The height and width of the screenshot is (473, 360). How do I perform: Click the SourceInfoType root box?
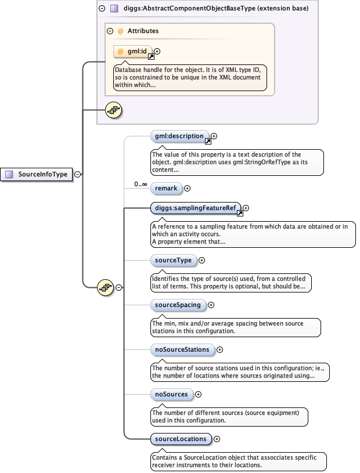click(38, 174)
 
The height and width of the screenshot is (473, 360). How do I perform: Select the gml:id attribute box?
click(132, 52)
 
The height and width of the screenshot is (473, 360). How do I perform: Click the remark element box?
click(166, 188)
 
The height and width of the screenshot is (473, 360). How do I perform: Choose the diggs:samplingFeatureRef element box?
click(194, 208)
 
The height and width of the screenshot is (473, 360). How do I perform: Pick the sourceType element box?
click(172, 260)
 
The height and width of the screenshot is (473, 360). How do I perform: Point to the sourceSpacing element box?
click(178, 305)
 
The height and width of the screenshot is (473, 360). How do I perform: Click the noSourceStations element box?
click(182, 349)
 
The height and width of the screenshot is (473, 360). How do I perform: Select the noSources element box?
click(171, 394)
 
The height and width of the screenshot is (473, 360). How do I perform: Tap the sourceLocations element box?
click(180, 439)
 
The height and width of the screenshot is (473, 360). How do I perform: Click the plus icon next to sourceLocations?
click(217, 439)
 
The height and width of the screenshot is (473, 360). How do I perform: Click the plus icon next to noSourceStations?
click(219, 350)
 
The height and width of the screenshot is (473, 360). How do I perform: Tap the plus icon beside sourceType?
click(201, 261)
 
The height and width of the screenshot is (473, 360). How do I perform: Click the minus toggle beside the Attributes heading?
click(110, 31)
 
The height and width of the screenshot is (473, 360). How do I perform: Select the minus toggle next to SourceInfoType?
click(77, 174)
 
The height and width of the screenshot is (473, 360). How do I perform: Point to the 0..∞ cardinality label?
click(140, 184)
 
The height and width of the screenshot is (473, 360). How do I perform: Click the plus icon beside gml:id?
click(157, 51)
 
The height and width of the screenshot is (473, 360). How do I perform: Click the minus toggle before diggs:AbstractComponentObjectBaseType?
click(102, 9)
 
